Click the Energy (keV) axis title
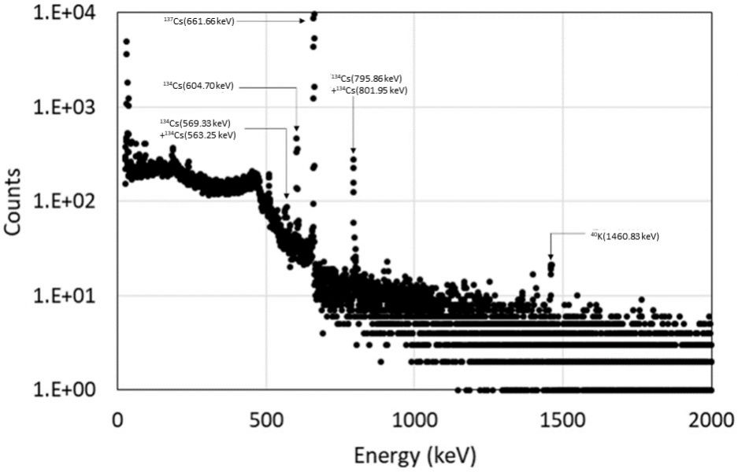coord(414,455)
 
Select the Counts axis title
coord(14,201)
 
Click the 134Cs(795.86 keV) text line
coord(367,79)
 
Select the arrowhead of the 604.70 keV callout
coord(297,129)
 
